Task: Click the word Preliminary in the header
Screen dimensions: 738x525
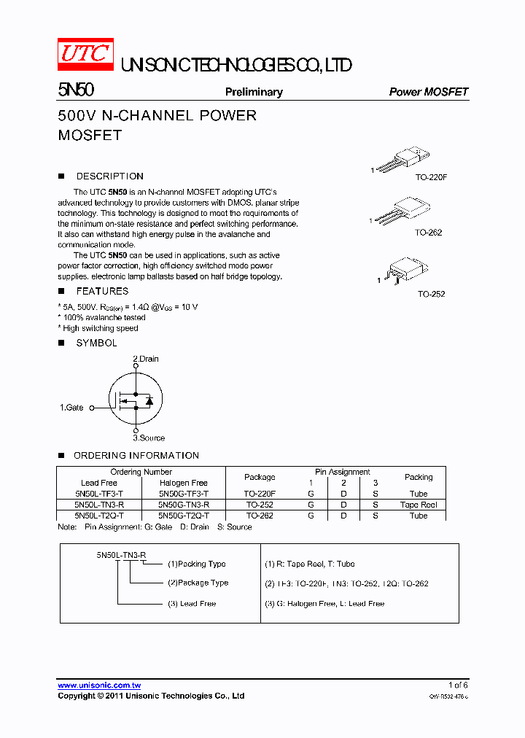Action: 253,92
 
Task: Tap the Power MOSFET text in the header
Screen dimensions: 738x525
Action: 428,92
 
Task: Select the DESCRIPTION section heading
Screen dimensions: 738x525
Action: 109,176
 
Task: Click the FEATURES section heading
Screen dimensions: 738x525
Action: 102,291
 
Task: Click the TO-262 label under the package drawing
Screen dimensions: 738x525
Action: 428,233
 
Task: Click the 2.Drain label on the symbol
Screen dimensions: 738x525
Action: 145,359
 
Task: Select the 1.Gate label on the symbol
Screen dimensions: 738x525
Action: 71,408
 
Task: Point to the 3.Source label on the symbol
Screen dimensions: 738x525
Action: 148,438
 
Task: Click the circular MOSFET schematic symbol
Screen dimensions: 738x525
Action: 135,400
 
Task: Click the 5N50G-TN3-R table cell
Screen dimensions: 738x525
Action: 184,505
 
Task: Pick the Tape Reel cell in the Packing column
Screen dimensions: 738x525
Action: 419,505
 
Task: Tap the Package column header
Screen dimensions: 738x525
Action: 260,477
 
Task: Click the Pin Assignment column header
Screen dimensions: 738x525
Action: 342,472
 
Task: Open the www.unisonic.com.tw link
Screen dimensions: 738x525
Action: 99,685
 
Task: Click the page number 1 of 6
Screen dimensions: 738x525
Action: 457,685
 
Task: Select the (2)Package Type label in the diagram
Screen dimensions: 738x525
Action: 198,583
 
